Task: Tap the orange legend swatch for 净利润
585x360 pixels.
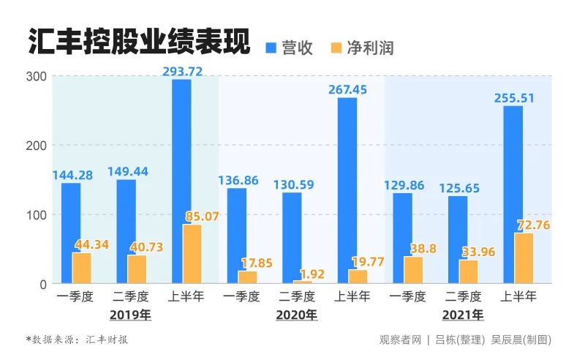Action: (337, 48)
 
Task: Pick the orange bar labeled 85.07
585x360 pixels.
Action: (192, 254)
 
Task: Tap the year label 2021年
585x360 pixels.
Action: (463, 316)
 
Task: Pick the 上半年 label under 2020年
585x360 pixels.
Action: (352, 298)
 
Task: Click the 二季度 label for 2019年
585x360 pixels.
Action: (131, 298)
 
